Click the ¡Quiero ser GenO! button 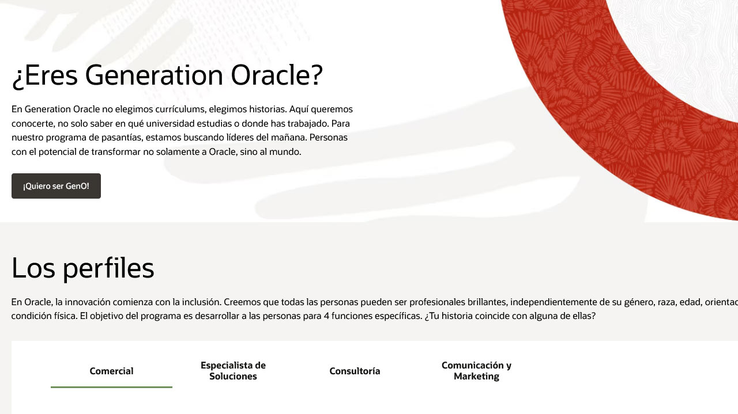click(x=56, y=186)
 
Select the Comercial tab click(x=111, y=371)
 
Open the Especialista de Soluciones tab click(x=233, y=371)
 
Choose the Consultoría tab click(x=355, y=371)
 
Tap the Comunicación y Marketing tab click(x=476, y=371)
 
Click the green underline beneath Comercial click(x=111, y=387)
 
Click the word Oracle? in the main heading click(x=277, y=75)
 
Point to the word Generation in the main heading click(x=154, y=75)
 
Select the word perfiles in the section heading click(x=108, y=268)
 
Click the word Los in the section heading click(x=33, y=268)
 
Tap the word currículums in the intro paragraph click(x=180, y=109)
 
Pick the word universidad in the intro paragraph click(x=170, y=123)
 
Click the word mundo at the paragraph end click(x=285, y=152)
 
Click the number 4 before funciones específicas click(x=326, y=316)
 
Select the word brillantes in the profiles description click(x=487, y=302)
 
